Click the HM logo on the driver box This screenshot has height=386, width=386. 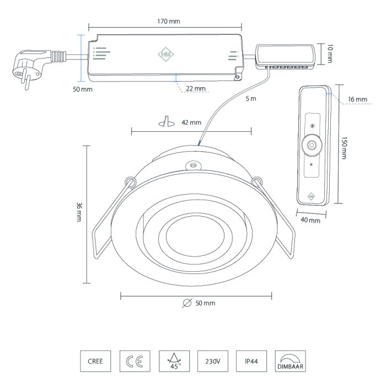point(165,55)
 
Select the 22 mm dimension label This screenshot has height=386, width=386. point(195,88)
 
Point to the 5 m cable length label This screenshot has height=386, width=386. point(251,99)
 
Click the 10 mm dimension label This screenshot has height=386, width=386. point(330,53)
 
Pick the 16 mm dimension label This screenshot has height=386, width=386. point(357,99)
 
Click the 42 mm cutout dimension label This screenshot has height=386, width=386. point(191,122)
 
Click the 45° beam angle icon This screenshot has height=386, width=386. point(172,361)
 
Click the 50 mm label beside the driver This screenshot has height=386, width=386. point(83,89)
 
